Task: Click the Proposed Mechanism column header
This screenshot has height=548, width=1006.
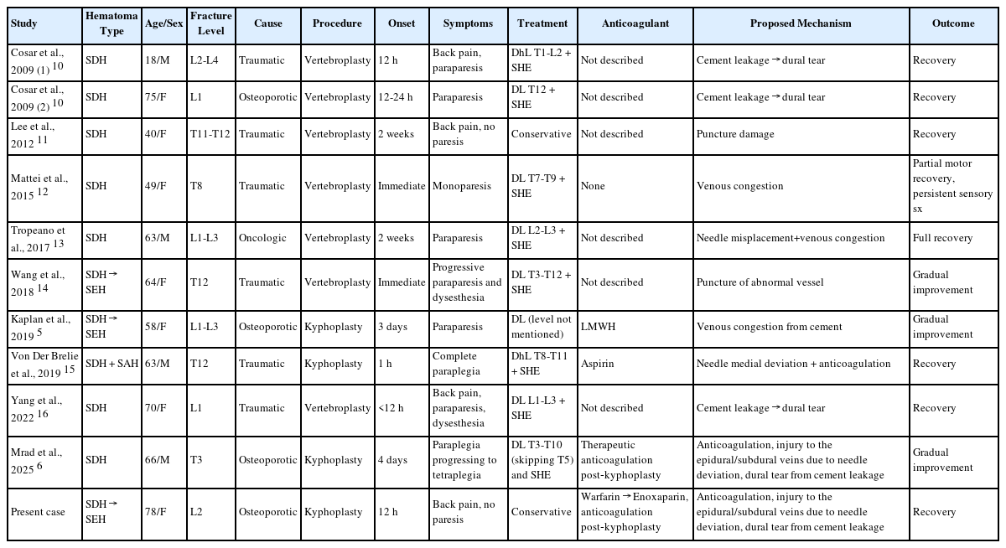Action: tap(800, 23)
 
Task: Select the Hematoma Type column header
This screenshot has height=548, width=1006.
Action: tap(111, 23)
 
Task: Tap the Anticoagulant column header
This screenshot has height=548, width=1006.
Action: tap(635, 23)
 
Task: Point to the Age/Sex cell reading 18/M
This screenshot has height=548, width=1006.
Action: tap(157, 60)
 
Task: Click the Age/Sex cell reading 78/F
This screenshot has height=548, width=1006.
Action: tap(157, 512)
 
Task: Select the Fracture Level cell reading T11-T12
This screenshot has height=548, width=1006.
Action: tap(210, 134)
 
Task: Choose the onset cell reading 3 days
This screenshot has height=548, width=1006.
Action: tap(394, 327)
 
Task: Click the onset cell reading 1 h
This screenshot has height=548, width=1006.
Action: tap(388, 364)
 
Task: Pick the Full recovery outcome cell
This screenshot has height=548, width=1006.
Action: tap(942, 238)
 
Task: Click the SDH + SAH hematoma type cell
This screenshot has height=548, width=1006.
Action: tap(111, 364)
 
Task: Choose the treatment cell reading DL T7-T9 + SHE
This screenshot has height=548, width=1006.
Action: tap(542, 186)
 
